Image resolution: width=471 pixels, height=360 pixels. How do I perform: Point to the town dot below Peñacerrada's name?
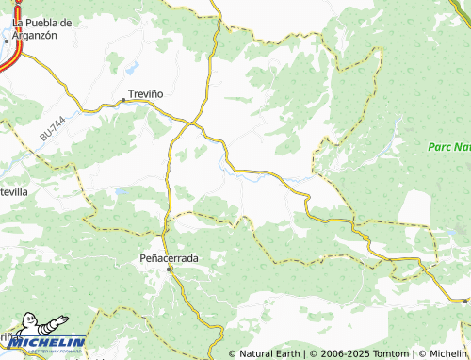click(170, 269)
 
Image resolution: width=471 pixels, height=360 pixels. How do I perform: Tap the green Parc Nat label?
click(448, 148)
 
